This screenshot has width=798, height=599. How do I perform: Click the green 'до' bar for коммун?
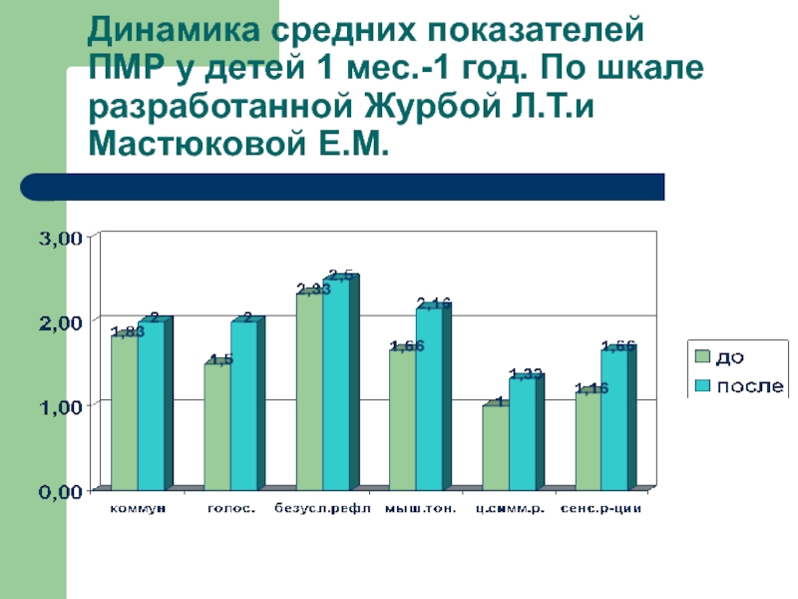[124, 412]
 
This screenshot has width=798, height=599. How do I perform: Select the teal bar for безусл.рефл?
[336, 384]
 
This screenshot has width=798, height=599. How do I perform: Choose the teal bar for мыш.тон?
[429, 398]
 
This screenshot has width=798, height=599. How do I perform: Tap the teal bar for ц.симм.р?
[522, 433]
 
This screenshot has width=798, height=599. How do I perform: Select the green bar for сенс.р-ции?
[588, 440]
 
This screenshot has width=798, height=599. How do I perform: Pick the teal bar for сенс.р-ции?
[614, 419]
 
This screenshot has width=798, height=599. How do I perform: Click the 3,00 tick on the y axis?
[59, 239]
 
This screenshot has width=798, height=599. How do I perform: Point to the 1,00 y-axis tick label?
[59, 406]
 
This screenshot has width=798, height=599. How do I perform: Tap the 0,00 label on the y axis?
[59, 491]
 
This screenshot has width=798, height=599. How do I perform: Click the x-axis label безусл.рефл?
[322, 510]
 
